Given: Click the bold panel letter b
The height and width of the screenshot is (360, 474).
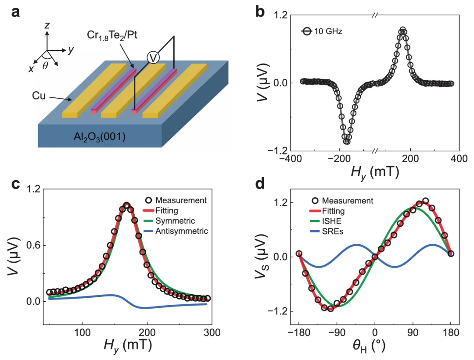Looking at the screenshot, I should pos(260,12).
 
